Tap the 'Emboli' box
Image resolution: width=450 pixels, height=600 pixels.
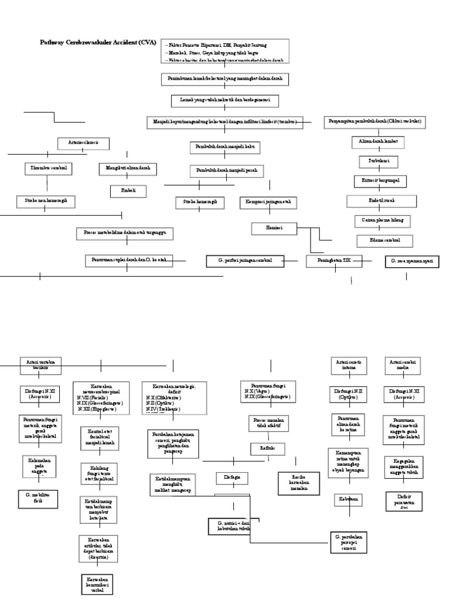[128, 191]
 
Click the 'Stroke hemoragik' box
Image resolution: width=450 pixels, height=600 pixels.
[200, 202]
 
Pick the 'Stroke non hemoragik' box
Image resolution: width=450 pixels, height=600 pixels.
[46, 202]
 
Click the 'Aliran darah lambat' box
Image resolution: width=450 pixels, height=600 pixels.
[378, 142]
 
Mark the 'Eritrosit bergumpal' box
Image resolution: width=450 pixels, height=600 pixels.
[380, 180]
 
